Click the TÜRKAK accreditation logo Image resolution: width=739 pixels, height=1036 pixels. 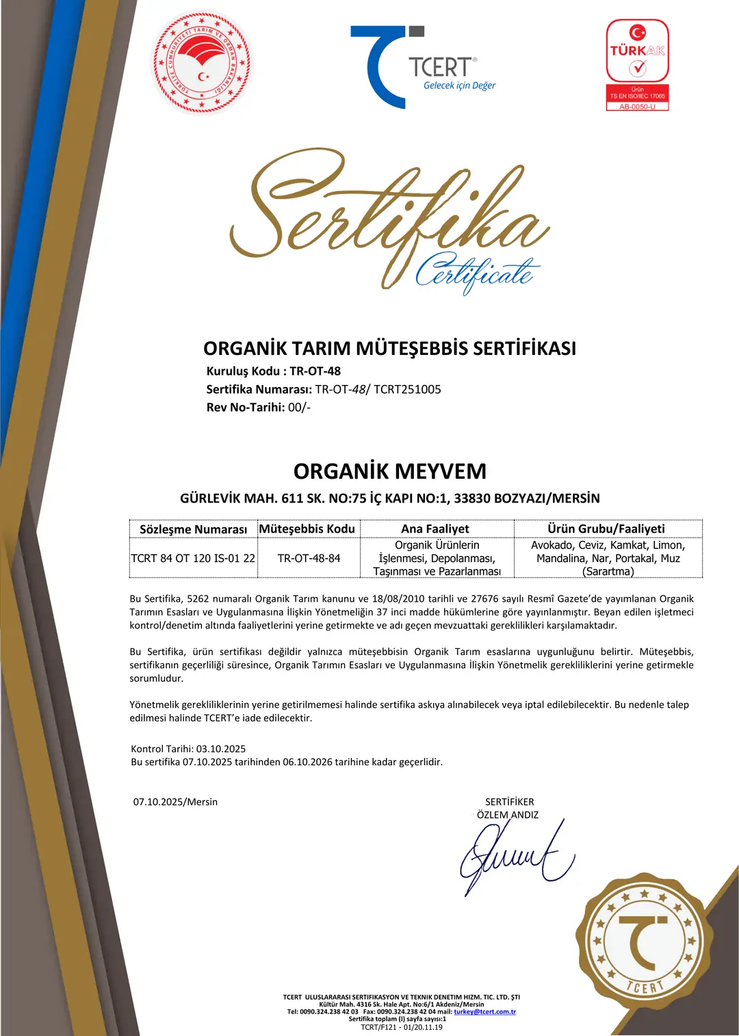638,65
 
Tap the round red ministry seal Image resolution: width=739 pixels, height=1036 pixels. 202,63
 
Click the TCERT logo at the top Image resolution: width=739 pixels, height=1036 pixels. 422,68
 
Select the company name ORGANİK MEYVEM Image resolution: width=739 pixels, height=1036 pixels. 389,471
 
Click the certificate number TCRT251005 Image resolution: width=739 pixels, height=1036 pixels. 407,390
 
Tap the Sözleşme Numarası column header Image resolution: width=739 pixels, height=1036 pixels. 193,529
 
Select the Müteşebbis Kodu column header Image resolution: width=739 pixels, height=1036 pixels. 307,529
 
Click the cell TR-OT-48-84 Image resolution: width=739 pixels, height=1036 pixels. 309,558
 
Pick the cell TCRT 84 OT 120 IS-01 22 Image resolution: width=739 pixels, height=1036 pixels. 193,558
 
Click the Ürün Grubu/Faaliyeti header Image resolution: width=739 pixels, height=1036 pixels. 606,529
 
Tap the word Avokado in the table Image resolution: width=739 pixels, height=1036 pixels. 552,545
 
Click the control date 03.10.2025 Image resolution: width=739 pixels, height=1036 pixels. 221,749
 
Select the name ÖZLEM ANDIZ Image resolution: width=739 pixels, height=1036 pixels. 508,815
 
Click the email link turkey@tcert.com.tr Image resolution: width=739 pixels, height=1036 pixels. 484,1011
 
